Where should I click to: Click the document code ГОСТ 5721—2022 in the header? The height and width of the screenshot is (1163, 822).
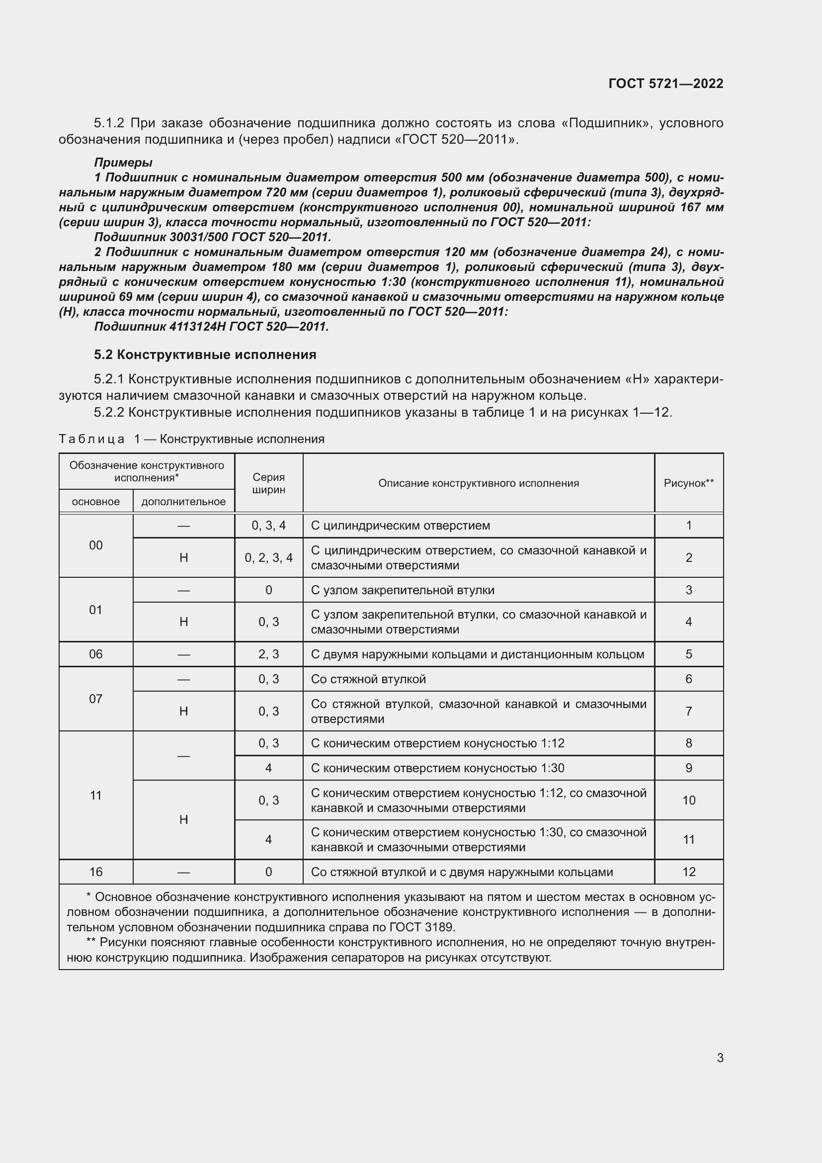pyautogui.click(x=665, y=84)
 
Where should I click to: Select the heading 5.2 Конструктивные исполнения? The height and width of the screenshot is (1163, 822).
pyautogui.click(x=205, y=355)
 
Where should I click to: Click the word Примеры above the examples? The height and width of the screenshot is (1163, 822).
pyautogui.click(x=123, y=163)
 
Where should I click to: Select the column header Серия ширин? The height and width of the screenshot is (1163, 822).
pyautogui.click(x=268, y=483)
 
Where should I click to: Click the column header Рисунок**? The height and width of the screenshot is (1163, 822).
pyautogui.click(x=688, y=483)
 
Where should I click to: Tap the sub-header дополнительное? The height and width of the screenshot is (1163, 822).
pyautogui.click(x=183, y=502)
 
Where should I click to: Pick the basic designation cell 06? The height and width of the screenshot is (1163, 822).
pyautogui.click(x=95, y=654)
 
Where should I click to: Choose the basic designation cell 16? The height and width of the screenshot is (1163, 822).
pyautogui.click(x=95, y=872)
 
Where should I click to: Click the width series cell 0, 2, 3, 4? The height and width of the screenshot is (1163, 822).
pyautogui.click(x=268, y=558)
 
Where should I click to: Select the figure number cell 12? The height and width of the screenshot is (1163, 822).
pyautogui.click(x=688, y=872)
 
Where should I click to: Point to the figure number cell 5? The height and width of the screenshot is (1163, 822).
pyautogui.click(x=688, y=654)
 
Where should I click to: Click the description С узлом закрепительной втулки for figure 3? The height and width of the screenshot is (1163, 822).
pyautogui.click(x=403, y=590)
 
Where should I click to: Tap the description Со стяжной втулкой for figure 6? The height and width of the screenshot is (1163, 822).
pyautogui.click(x=368, y=679)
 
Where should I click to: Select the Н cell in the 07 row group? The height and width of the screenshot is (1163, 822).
pyautogui.click(x=183, y=711)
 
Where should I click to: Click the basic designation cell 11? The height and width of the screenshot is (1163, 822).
pyautogui.click(x=95, y=795)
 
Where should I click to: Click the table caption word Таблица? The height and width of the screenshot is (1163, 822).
pyautogui.click(x=91, y=439)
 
